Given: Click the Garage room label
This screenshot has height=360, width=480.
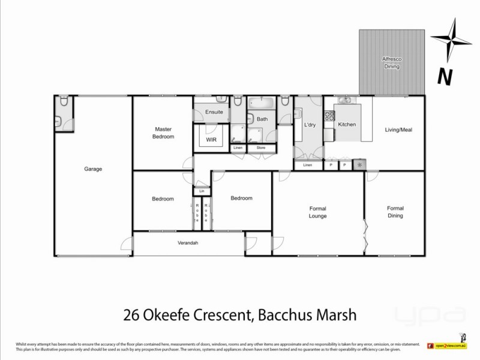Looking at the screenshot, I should click(x=93, y=169).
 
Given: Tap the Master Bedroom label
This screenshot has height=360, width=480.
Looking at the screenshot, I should click(x=164, y=133).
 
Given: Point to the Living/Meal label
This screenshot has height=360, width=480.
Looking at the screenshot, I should click(x=398, y=130).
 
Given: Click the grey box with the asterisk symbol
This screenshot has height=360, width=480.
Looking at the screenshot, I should click(x=359, y=165).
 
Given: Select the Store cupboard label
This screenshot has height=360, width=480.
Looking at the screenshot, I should click(x=261, y=148).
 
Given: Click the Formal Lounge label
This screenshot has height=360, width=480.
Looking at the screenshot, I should click(x=317, y=212).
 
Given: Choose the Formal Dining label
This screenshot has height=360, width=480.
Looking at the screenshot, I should click(x=395, y=212).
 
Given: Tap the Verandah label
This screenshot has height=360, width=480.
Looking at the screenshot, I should click(x=188, y=243).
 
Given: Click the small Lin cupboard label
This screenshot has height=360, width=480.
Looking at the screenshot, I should click(x=202, y=191).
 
